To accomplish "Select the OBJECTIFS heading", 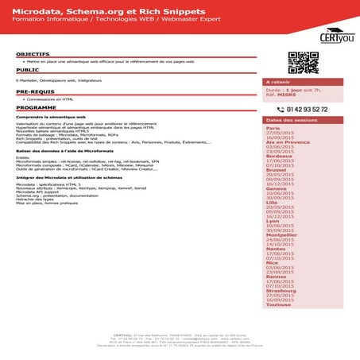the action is point(33,53).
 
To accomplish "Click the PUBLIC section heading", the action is point(28,70).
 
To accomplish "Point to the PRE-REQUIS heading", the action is point(34,92).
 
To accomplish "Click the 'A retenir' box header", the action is point(279,82).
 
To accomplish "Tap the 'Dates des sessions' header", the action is point(291,120).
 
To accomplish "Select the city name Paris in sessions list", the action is point(273,128).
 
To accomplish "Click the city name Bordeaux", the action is point(278,156).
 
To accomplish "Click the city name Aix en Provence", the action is point(287,141).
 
